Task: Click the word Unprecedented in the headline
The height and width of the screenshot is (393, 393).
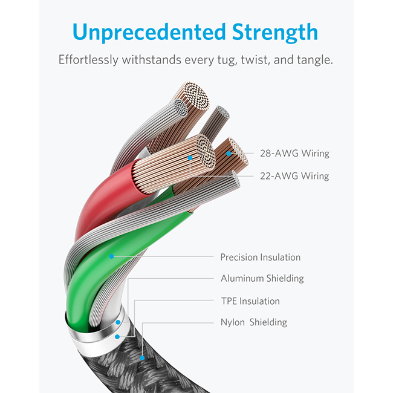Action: [149, 32]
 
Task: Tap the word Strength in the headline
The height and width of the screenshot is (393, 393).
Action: [275, 32]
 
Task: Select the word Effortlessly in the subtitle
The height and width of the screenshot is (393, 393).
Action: [88, 60]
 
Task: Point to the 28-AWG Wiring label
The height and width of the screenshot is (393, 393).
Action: [294, 153]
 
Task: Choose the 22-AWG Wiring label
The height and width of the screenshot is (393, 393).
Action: [294, 176]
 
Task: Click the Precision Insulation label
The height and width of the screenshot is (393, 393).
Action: [261, 257]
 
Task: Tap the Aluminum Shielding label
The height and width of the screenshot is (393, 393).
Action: [262, 278]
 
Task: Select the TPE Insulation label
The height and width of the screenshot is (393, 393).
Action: [250, 301]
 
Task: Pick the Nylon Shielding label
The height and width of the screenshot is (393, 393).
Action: [254, 322]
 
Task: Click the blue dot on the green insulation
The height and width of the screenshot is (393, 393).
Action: [111, 256]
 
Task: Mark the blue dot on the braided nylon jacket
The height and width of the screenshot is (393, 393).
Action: [142, 358]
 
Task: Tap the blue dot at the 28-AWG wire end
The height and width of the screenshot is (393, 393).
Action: [229, 154]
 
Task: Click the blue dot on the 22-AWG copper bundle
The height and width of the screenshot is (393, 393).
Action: [190, 158]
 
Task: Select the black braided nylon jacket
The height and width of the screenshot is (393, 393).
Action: [140, 368]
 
